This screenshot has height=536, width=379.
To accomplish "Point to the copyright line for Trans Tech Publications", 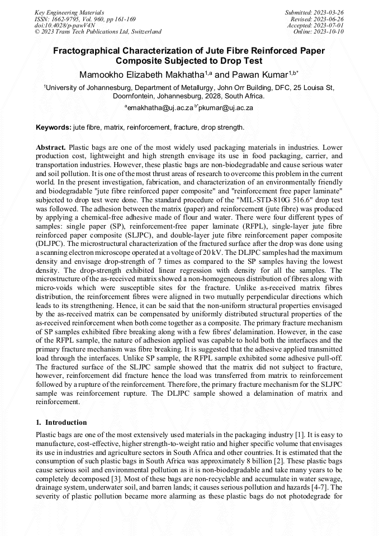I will pos(98,32).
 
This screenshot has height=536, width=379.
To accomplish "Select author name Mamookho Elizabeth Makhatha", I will pos(140,74).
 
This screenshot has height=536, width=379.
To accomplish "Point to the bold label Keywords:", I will pos(54,127).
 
